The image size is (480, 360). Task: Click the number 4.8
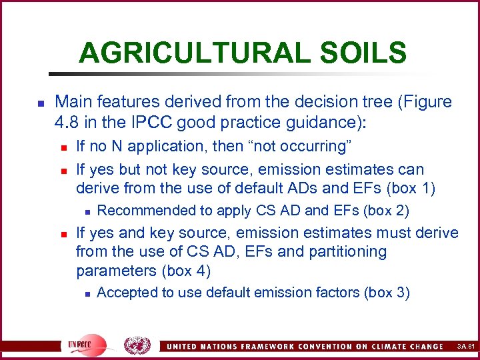(x=68, y=123)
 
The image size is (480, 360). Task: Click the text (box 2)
(x=385, y=211)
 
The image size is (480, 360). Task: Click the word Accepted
(x=123, y=292)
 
